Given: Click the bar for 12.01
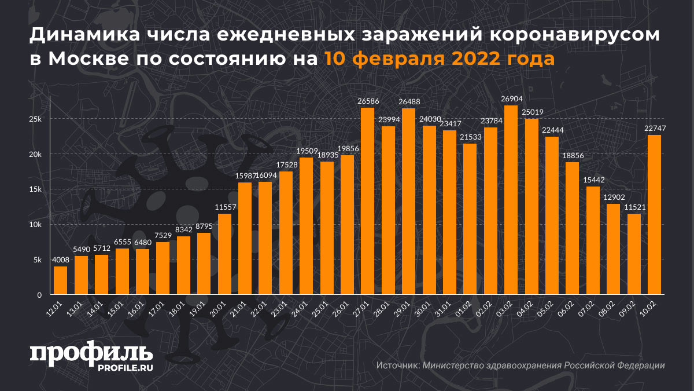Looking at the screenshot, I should (60, 280).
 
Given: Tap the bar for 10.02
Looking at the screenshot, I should (654, 215).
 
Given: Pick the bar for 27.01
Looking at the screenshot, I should (367, 201).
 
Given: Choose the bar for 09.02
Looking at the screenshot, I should (634, 254).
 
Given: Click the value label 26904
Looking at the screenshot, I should (511, 99).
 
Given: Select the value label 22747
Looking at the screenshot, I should (654, 129).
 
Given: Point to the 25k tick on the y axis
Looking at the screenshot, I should (35, 119).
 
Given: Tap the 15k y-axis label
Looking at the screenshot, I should (35, 189).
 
